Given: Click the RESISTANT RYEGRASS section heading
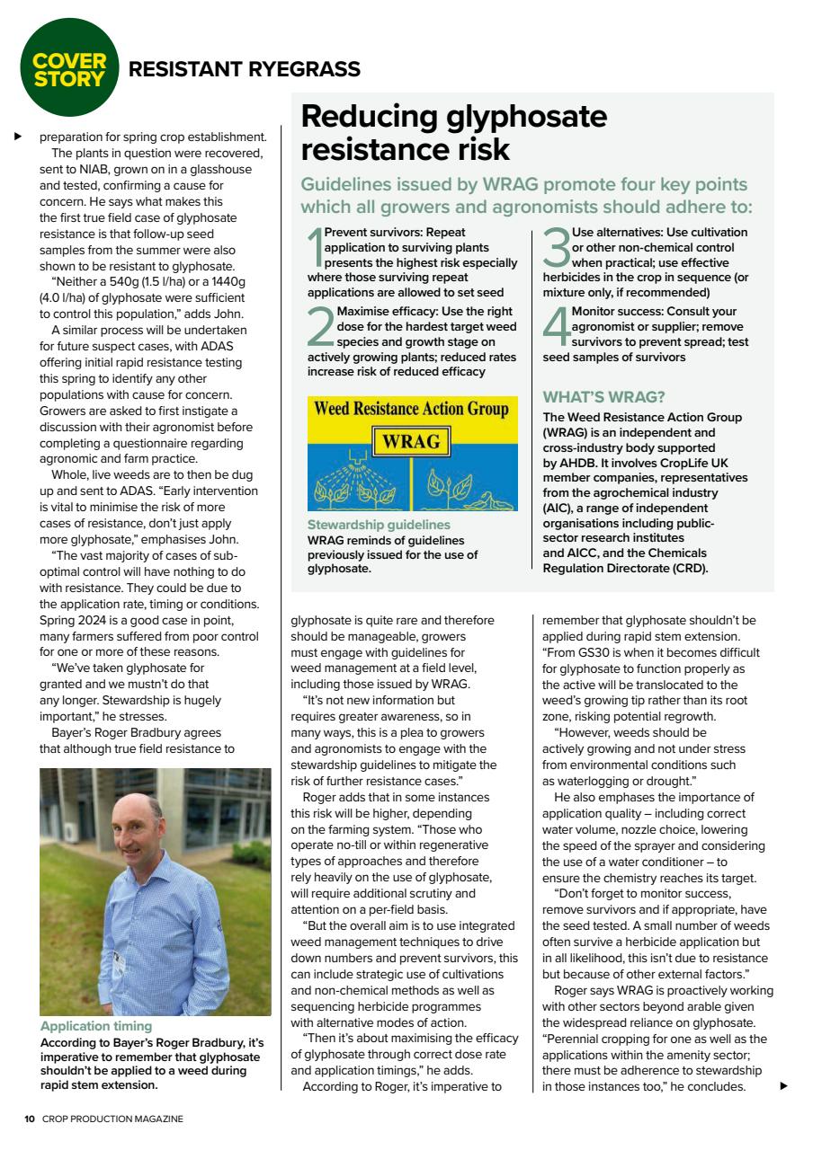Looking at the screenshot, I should point(245,69).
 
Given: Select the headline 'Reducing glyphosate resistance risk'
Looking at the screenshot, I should point(453,132).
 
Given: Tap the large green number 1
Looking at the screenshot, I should point(315,246).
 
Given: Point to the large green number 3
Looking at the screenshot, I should point(557,246).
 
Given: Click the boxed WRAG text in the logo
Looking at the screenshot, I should point(411,441).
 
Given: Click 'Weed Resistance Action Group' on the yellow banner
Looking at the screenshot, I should point(412,410).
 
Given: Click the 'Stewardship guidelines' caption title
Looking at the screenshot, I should point(379,525).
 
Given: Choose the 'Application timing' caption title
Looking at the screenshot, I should point(96,1025).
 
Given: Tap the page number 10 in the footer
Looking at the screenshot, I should point(30,1119).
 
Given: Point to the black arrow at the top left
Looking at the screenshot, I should point(17,137).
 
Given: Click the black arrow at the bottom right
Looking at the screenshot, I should point(782,1086).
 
